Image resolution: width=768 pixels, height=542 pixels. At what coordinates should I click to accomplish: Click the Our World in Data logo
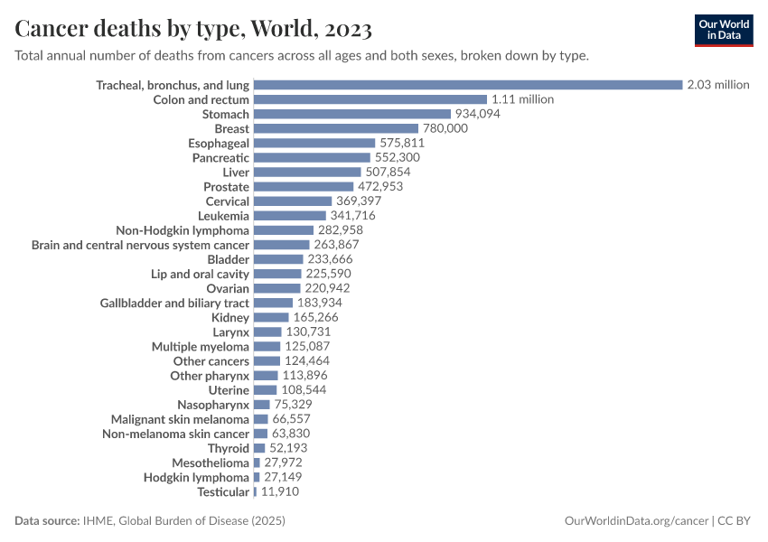[x=724, y=30]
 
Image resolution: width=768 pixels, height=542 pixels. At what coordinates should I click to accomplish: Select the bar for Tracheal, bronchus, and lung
[x=467, y=85]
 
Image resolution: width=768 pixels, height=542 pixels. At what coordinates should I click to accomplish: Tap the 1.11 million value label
[x=522, y=99]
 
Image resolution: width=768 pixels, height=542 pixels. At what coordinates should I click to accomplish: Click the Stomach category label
[x=225, y=114]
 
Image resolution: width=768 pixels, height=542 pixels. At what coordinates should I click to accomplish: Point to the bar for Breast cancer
[x=335, y=128]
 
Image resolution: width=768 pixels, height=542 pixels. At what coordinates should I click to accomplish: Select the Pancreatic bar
[x=312, y=157]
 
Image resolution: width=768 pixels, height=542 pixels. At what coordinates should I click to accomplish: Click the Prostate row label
[x=226, y=186]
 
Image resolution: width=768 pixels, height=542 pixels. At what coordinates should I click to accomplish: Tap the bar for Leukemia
[x=289, y=216]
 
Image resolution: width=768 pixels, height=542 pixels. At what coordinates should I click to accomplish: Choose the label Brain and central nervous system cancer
[x=140, y=245]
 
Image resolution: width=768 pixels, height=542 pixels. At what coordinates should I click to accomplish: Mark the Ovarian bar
[x=276, y=288]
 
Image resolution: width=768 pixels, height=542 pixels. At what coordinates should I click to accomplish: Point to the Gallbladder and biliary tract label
[x=174, y=303]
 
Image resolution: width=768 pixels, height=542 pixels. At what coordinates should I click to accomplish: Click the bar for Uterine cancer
[x=265, y=390]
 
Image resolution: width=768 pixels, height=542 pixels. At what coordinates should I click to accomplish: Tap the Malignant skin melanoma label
[x=180, y=419]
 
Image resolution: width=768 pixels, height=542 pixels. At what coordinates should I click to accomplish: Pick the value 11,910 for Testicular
[x=279, y=491]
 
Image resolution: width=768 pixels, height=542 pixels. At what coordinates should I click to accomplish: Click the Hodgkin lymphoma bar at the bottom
[x=257, y=477]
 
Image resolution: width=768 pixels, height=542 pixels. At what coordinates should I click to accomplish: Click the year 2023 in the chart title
[x=343, y=29]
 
